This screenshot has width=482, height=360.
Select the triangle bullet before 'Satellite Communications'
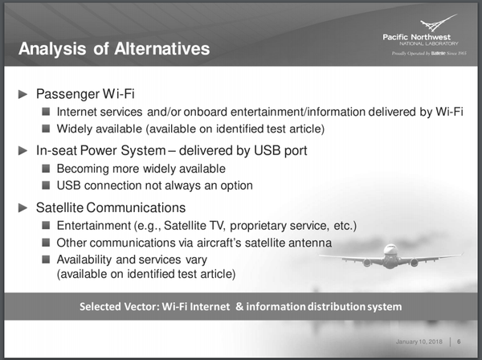click(23, 207)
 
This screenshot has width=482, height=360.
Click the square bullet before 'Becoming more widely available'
click(47, 169)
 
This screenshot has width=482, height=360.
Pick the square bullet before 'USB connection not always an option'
click(47, 186)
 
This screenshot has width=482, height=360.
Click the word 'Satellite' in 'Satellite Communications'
click(61, 207)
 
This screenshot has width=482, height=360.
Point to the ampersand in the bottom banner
click(239, 306)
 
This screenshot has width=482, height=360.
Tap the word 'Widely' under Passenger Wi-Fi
click(76, 129)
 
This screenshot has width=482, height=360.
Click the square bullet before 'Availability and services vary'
click(47, 259)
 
